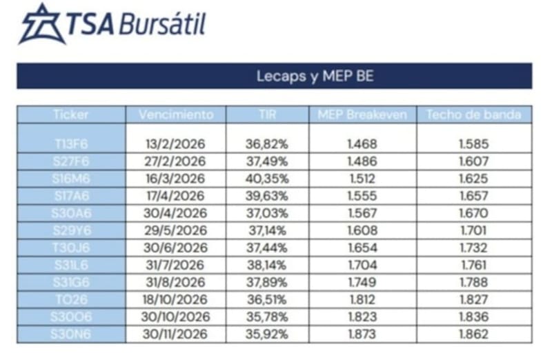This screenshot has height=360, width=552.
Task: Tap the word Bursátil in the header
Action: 162,26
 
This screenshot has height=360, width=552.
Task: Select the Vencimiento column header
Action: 176,114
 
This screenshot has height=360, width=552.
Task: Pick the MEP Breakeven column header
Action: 363,114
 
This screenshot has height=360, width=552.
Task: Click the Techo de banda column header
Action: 473,114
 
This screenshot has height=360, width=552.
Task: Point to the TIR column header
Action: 266,114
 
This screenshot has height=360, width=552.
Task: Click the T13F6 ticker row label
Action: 72,144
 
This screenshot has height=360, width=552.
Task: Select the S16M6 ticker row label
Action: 72,179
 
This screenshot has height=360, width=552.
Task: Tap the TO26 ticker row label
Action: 72,299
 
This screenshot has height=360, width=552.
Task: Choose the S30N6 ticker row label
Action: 72,334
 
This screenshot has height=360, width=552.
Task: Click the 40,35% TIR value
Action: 266,179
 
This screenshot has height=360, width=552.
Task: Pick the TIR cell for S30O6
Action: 266,317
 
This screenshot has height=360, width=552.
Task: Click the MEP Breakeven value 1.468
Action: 363,144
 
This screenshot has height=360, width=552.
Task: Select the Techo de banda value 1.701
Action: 473,230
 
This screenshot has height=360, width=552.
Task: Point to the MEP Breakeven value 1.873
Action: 363,334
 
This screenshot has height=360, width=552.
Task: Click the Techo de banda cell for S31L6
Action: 473,265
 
